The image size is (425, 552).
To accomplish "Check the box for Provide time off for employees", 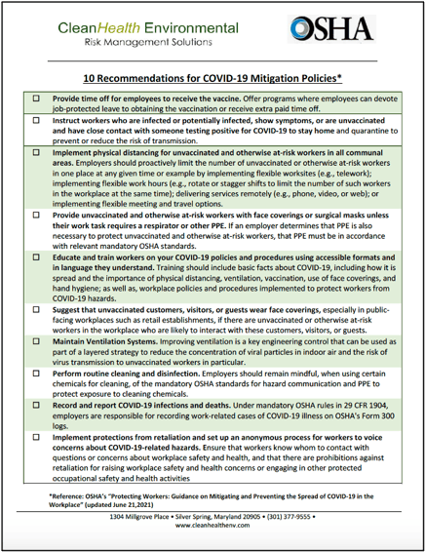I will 36,99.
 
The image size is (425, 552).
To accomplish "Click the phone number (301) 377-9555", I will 318,530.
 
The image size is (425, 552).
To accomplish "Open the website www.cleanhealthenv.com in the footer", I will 212,539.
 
